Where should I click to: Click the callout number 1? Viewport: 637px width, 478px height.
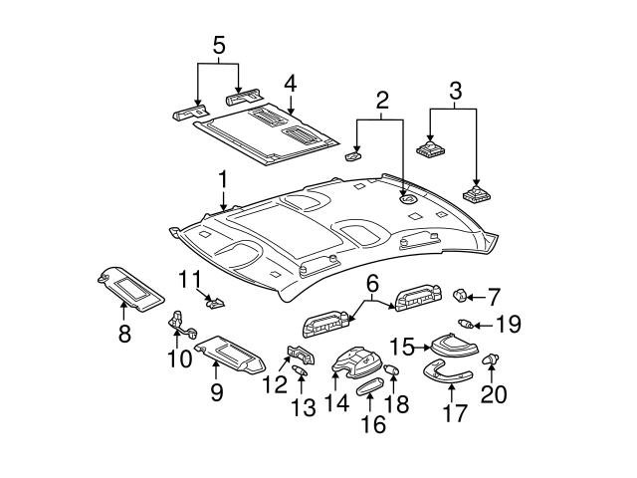pyautogui.click(x=223, y=180)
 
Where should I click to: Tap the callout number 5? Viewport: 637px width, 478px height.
pyautogui.click(x=219, y=45)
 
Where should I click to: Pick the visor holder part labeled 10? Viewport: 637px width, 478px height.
pyautogui.click(x=181, y=323)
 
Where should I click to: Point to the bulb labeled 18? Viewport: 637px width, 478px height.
pyautogui.click(x=391, y=371)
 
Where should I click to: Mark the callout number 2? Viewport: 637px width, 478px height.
pyautogui.click(x=379, y=100)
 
